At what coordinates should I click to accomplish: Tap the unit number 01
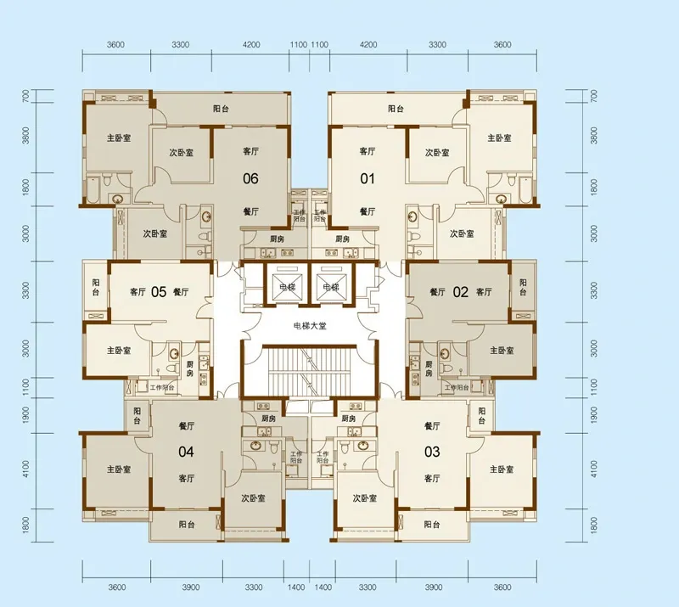pyautogui.click(x=367, y=178)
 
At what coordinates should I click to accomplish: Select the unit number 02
pyautogui.click(x=460, y=292)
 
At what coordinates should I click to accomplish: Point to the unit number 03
pyautogui.click(x=432, y=452)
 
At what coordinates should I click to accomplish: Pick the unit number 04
pyautogui.click(x=187, y=452)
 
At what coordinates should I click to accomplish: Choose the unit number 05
pyautogui.click(x=158, y=292)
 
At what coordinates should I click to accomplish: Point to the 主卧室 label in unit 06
pyautogui.click(x=119, y=138)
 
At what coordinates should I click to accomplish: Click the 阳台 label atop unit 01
pyautogui.click(x=396, y=109)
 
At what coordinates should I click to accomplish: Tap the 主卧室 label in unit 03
pyautogui.click(x=504, y=469)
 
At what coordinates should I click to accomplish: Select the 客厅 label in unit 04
pyautogui.click(x=188, y=479)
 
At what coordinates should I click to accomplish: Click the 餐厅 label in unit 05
pyautogui.click(x=180, y=292)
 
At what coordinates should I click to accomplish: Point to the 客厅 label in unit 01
pyautogui.click(x=367, y=152)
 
